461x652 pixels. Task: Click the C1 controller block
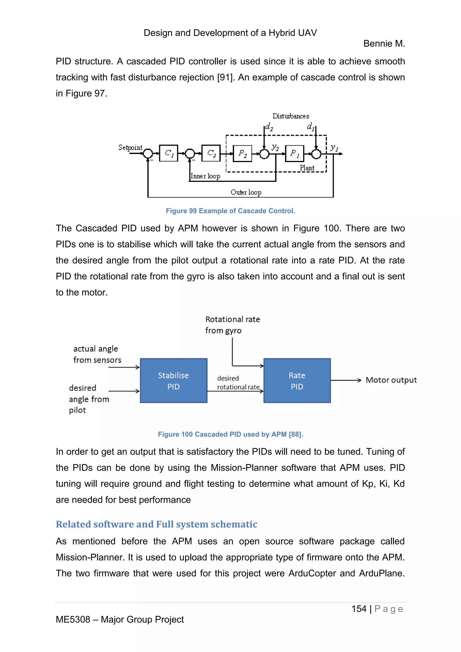(169, 153)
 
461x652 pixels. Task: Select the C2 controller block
(211, 153)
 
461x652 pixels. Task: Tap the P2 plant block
(242, 154)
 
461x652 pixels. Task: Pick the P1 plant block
(294, 154)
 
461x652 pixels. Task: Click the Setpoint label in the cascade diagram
(130, 148)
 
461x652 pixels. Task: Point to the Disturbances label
(291, 116)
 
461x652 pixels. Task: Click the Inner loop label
(205, 176)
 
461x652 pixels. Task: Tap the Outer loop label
(246, 192)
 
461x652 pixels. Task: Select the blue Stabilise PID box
(174, 380)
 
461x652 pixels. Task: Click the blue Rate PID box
(297, 380)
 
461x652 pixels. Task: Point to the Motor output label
(391, 380)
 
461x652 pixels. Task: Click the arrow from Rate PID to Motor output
(346, 380)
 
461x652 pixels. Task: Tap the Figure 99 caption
(230, 211)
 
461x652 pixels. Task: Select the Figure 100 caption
(230, 434)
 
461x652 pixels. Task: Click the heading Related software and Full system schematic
(156, 524)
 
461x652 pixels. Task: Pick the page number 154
(359, 609)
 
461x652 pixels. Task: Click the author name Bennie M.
(384, 44)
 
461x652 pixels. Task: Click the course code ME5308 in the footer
(73, 619)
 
